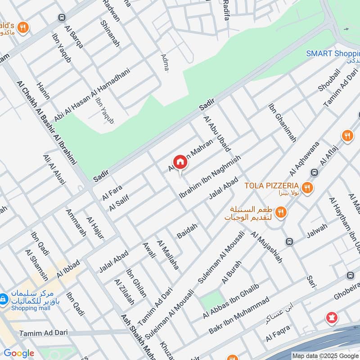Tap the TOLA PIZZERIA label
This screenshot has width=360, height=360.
click(272, 185)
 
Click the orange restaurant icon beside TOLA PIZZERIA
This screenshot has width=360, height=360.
click(307, 187)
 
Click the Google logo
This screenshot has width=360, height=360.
click(19, 353)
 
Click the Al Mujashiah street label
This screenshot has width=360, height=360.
click(267, 247)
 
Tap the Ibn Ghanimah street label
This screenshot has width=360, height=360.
click(282, 123)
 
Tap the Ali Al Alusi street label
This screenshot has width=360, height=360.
click(54, 170)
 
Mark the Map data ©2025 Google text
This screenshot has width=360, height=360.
click(324, 355)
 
